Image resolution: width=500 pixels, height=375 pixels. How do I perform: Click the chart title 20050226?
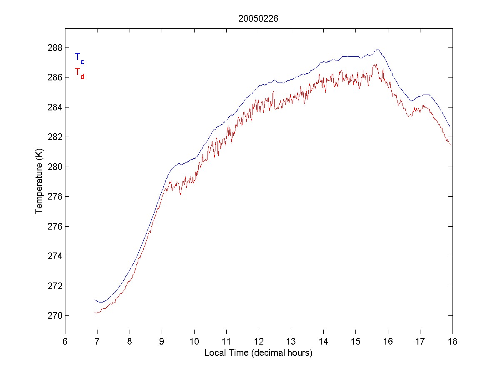(258, 18)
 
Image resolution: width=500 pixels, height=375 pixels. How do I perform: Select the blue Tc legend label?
(79, 58)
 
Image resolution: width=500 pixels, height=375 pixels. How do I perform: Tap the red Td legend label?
(79, 73)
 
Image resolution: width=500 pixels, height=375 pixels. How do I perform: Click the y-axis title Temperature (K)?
(39, 181)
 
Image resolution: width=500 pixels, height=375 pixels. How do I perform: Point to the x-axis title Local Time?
(258, 353)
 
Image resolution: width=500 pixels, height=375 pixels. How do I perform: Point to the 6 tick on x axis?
(65, 341)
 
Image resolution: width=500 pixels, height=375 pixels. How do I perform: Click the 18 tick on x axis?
(452, 341)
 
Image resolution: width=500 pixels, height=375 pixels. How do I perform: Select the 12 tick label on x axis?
(258, 341)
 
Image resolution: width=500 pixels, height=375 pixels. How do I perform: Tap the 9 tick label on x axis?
(162, 341)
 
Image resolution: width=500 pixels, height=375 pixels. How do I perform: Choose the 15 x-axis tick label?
(355, 341)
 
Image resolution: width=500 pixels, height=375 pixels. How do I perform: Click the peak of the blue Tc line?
(377, 50)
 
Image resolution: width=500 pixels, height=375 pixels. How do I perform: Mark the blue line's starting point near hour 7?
(95, 300)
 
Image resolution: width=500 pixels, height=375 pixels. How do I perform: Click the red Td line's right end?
(450, 145)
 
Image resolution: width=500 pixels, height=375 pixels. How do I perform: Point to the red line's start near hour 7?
(95, 312)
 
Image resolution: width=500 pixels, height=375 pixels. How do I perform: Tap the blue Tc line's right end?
(450, 127)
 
